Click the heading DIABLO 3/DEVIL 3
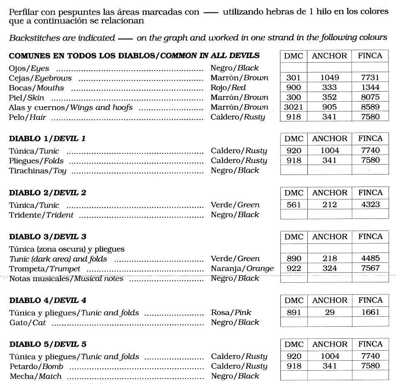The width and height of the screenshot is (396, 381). pyautogui.click(x=48, y=237)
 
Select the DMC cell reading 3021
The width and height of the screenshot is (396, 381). pyautogui.click(x=294, y=107)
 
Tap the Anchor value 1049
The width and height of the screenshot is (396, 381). pyautogui.click(x=330, y=78)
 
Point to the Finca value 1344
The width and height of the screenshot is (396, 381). pyautogui.click(x=370, y=87)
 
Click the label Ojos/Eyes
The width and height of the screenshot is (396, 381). pyautogui.click(x=29, y=68)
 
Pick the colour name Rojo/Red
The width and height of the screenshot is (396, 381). pyautogui.click(x=228, y=87)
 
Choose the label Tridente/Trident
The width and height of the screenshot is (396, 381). pyautogui.click(x=41, y=215)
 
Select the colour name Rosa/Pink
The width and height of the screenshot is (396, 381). pyautogui.click(x=231, y=313)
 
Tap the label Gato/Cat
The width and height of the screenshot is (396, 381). pyautogui.click(x=27, y=323)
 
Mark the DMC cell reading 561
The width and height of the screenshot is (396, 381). pyautogui.click(x=294, y=204)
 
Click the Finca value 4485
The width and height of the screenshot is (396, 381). pyautogui.click(x=370, y=258)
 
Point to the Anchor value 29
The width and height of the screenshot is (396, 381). pyautogui.click(x=330, y=313)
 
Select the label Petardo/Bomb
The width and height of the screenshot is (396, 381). pyautogui.click(x=36, y=366)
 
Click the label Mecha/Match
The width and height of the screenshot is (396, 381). pyautogui.click(x=35, y=376)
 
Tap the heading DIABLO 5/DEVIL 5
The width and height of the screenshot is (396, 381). pyautogui.click(x=48, y=345)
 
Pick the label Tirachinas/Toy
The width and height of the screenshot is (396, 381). pyautogui.click(x=37, y=170)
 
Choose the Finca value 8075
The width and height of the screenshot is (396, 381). pyautogui.click(x=370, y=97)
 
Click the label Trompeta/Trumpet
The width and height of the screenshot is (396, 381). pyautogui.click(x=45, y=269)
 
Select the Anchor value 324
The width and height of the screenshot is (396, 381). pyautogui.click(x=330, y=268)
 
